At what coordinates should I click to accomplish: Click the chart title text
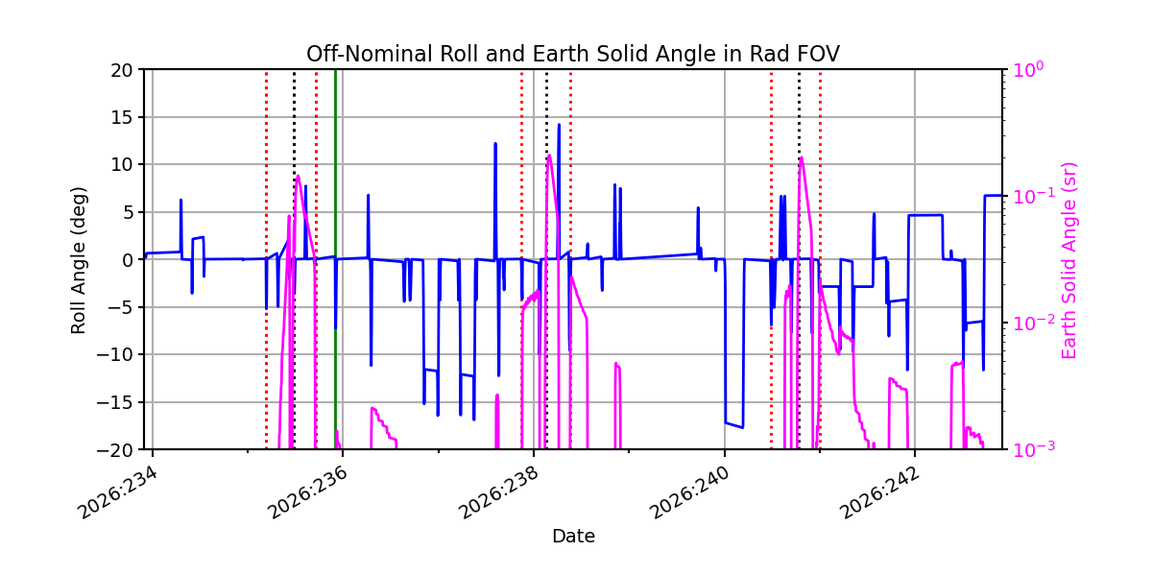coord(573,54)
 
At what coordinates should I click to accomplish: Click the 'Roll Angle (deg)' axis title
coord(78,260)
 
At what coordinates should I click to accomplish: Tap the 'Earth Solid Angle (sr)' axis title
coord(1068,261)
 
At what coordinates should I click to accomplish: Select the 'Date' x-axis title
coord(573,537)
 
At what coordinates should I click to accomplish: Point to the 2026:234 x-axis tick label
coord(117,493)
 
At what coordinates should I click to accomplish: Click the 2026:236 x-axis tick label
coord(308,493)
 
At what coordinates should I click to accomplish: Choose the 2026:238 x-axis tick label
coord(499,493)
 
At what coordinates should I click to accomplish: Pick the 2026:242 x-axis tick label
coord(880,493)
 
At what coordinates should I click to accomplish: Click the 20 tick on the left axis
coord(121,70)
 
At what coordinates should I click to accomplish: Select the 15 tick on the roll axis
coord(121,117)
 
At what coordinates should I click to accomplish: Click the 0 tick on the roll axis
coord(128,260)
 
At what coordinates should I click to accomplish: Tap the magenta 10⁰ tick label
coord(1027,69)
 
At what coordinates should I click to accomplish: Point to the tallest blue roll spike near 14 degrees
coord(559,125)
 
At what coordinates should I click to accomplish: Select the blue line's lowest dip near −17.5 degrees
coord(743,427)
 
